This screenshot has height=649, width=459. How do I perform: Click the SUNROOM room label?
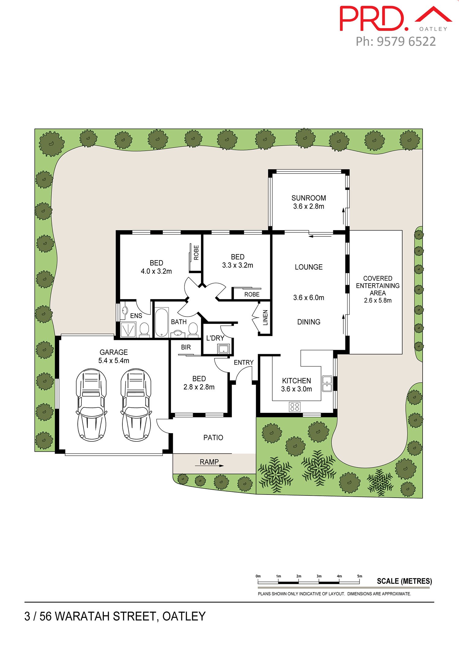pos(308,198)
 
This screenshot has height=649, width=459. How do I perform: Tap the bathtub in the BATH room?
pos(162,322)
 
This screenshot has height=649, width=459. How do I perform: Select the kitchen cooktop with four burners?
pos(295,407)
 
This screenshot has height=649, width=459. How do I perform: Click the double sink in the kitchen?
pos(327,384)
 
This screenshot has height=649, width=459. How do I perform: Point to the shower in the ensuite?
pos(128,329)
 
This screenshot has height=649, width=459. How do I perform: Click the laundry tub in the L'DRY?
pos(223,349)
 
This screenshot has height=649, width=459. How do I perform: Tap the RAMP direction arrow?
pos(209,466)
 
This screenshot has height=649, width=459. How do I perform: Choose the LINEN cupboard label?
pos(265,317)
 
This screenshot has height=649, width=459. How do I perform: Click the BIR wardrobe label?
pos(186,347)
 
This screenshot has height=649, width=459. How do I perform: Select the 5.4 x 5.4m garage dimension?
pos(114,361)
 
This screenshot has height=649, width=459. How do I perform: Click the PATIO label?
pos(213,438)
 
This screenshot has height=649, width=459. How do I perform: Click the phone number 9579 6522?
pos(406,41)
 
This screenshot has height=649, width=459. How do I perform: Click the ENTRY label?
pos(244,362)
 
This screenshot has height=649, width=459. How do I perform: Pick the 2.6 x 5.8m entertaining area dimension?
pos(378,300)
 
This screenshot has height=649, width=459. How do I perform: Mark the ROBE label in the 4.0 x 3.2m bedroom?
pos(196,253)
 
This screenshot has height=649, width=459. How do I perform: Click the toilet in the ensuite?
pos(144,330)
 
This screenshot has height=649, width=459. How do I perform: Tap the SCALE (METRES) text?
pos(404,581)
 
